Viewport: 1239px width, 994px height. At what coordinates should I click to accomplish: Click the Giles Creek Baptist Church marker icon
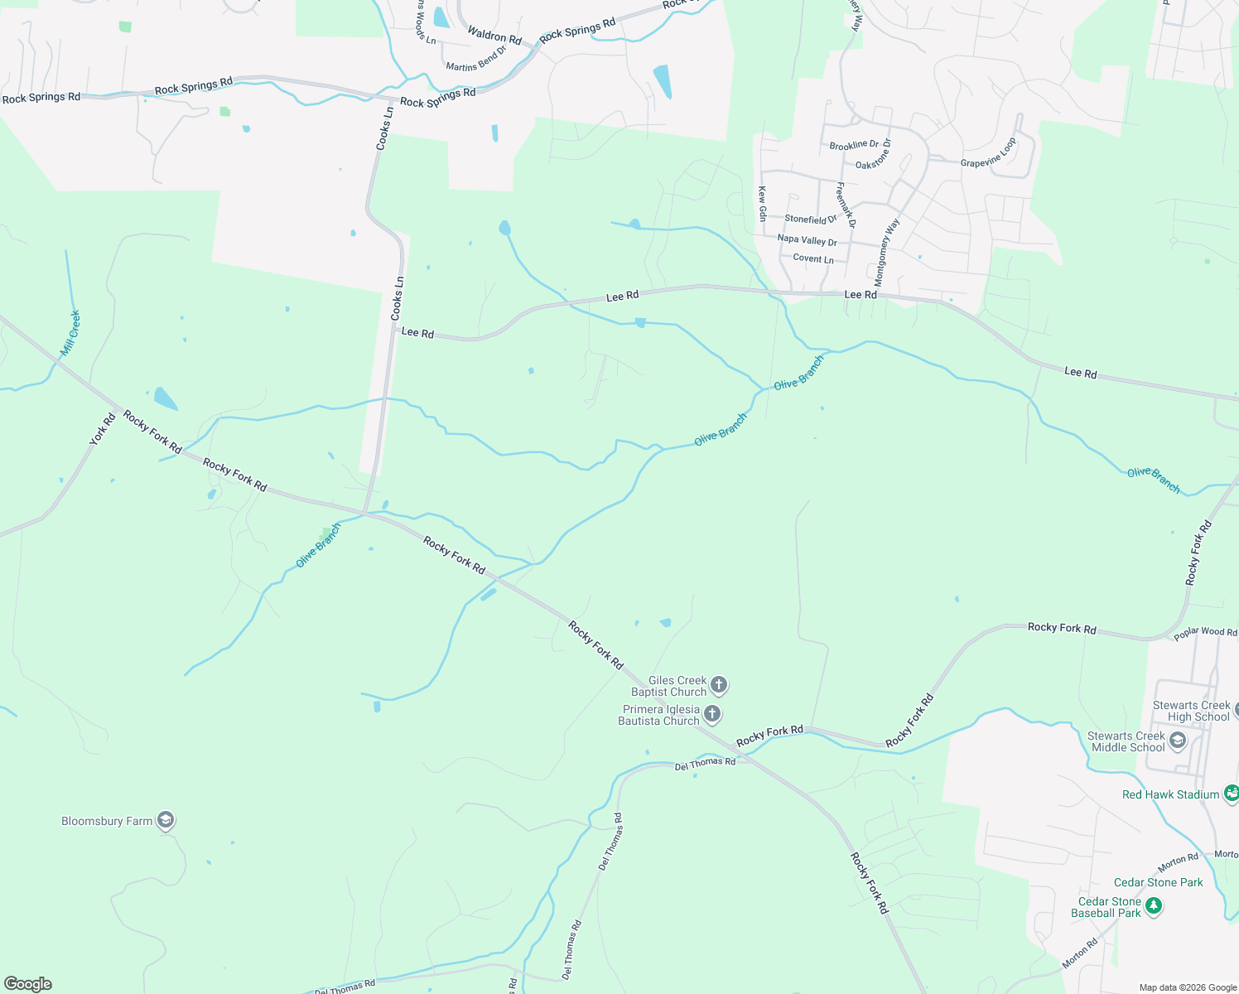[719, 685]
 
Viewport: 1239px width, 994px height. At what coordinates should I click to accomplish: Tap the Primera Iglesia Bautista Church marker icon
[712, 715]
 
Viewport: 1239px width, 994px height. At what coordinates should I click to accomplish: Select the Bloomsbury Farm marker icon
[166, 821]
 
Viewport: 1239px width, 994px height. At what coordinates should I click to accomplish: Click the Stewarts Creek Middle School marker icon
[1178, 741]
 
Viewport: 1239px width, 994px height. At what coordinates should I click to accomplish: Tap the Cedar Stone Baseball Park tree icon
[1154, 907]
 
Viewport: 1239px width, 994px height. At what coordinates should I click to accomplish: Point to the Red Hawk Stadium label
[1170, 794]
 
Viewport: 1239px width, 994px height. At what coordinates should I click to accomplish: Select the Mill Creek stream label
[71, 334]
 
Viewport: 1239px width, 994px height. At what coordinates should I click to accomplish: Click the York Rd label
[103, 429]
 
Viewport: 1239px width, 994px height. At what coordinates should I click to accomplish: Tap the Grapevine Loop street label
[988, 153]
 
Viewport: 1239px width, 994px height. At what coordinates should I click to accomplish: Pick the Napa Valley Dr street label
[807, 240]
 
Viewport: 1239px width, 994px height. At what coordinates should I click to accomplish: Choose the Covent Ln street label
[813, 258]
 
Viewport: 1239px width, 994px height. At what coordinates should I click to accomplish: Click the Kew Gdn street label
[763, 203]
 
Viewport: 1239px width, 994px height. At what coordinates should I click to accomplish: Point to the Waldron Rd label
[494, 36]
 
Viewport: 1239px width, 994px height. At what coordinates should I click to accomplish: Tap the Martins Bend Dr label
[475, 59]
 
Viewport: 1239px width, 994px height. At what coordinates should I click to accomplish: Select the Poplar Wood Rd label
[1205, 633]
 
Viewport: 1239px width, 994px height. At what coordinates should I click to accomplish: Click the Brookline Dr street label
[854, 145]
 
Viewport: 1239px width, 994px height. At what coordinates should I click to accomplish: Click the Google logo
[28, 984]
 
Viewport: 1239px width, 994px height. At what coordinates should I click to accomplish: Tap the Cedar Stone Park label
[1158, 882]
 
